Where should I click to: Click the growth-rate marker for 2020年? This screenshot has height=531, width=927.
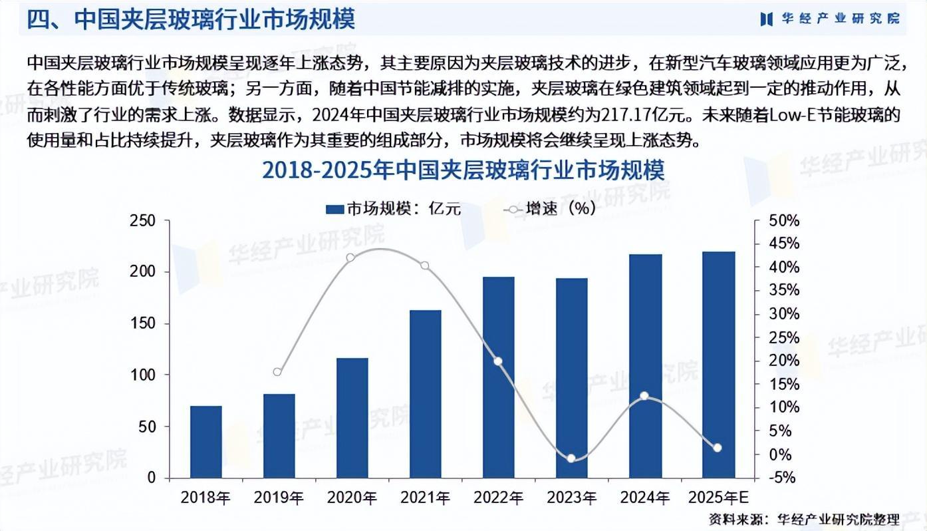tap(351, 258)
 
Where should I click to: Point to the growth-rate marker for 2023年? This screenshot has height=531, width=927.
tap(571, 458)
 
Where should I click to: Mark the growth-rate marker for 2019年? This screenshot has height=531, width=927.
tap(278, 372)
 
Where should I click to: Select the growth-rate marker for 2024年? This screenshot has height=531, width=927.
tap(644, 396)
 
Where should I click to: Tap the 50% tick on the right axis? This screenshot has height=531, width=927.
tap(784, 221)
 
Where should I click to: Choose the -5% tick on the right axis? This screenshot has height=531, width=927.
tap(783, 478)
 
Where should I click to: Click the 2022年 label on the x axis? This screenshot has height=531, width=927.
tap(498, 497)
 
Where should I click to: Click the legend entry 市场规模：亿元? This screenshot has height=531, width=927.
tap(393, 209)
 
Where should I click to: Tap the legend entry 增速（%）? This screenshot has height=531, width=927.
tap(551, 209)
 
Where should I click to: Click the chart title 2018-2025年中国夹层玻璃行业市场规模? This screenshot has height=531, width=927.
tap(463, 171)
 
